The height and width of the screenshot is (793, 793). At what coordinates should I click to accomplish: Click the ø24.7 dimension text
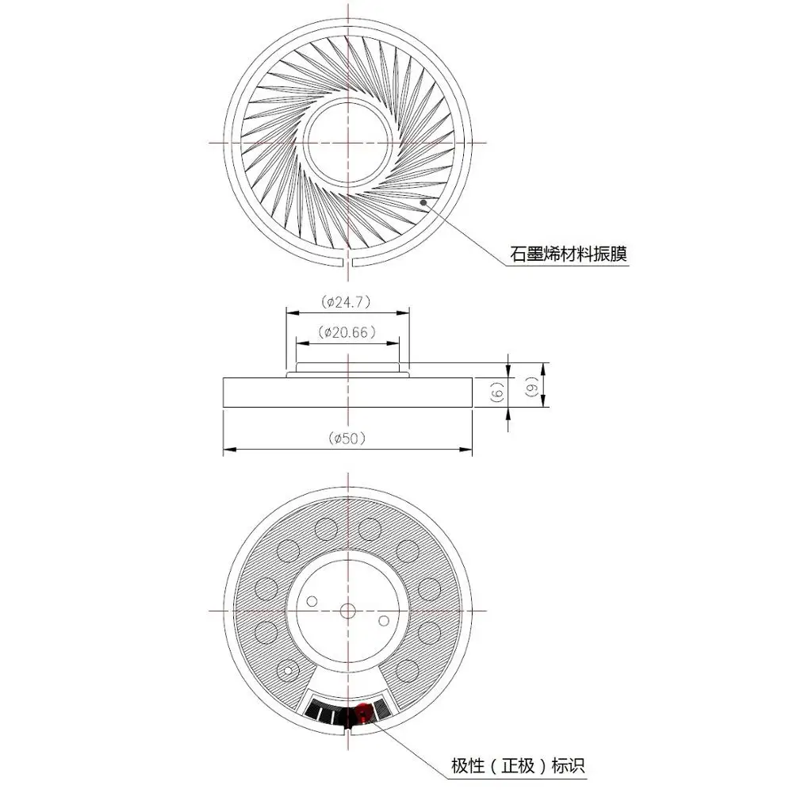pyautogui.click(x=347, y=302)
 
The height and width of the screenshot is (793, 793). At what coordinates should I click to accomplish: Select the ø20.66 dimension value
pyautogui.click(x=347, y=333)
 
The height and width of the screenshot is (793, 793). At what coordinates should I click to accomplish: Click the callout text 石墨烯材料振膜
pyautogui.click(x=569, y=255)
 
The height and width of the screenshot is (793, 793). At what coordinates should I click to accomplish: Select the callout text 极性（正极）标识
pyautogui.click(x=518, y=766)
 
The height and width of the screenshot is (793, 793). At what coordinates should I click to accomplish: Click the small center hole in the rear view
pyautogui.click(x=347, y=611)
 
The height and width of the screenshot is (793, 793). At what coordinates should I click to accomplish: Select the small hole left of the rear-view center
pyautogui.click(x=312, y=601)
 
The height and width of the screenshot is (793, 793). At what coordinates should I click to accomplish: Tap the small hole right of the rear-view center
pyautogui.click(x=385, y=619)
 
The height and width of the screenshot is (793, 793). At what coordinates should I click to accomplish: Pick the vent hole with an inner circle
pyautogui.click(x=286, y=671)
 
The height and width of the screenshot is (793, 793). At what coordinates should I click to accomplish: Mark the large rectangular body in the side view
pyautogui.click(x=347, y=393)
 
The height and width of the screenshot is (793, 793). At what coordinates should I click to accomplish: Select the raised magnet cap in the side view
pyautogui.click(x=347, y=369)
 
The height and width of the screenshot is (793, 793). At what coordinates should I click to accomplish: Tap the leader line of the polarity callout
pyautogui.click(x=404, y=741)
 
